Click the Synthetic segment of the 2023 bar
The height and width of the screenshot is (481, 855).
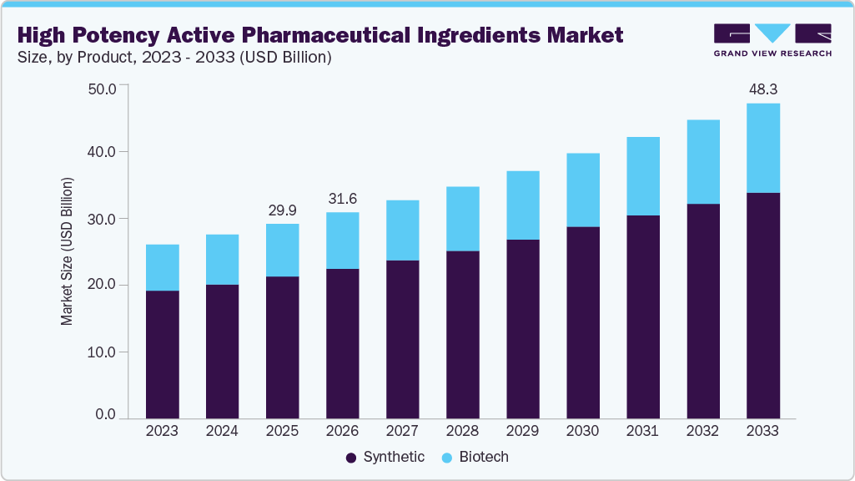point(162,354)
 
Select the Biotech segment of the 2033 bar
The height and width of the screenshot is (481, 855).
point(762,148)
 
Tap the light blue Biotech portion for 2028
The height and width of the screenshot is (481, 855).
point(462,219)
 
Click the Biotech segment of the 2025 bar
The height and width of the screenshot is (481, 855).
point(282,250)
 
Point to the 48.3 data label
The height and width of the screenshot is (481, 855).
point(762,89)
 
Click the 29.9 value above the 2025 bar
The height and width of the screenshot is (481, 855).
point(282,210)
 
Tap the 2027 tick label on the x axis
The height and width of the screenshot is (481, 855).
point(402,431)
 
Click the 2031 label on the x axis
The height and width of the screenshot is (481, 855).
point(642,431)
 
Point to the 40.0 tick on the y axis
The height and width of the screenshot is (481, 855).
point(104,152)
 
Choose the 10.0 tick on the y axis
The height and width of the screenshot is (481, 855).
point(104,352)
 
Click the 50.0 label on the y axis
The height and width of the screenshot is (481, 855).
point(104,86)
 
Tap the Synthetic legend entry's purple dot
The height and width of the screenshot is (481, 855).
point(351,458)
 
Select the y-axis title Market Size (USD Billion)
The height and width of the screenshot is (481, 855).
point(67,251)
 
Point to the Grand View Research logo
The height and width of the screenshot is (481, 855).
point(772,39)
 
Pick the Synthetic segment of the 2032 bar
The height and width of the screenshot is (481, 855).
point(702,311)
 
